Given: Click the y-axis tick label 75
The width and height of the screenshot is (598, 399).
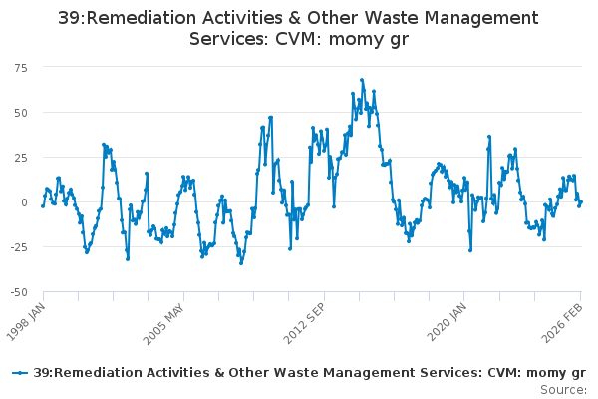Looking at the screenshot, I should pos(20,66).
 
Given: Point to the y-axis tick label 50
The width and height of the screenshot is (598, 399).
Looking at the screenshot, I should pos(20,112).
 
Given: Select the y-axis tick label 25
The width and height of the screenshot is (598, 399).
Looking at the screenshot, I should pos(20,157).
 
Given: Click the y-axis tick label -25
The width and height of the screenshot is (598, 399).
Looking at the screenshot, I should pos(18,247).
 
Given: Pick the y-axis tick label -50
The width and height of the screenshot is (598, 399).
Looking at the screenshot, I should pos(18,292).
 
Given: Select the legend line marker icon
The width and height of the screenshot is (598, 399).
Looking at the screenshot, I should pos(19,372).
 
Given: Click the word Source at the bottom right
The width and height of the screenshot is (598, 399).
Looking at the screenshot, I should pos(564,389).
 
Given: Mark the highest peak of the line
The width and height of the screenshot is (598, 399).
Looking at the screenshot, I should pos(362,80).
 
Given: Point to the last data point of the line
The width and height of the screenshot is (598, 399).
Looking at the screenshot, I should pos(581,202).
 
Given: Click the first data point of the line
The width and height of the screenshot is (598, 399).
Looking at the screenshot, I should pos(42,205).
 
